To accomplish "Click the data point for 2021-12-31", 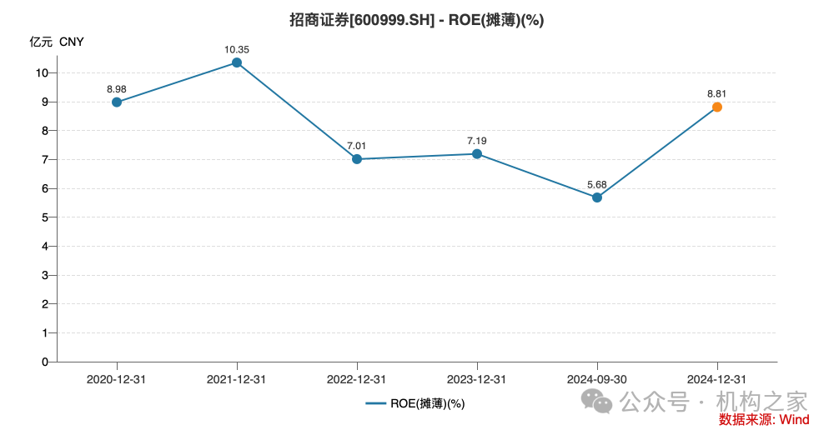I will coord(237,62).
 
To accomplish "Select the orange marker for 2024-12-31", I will coord(716,107).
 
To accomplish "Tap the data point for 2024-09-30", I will coord(596,197).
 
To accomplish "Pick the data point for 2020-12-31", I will coord(117,102).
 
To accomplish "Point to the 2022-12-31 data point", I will coord(357,159).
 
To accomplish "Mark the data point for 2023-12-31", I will coord(477,153).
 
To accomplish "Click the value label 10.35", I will coord(237,50).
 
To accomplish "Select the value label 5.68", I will coord(596,184).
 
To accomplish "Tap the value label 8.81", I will coord(716,93).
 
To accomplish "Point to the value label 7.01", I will coord(357,146).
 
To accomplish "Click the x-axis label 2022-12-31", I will coord(357,379).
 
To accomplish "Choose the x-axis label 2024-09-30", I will coord(596,379).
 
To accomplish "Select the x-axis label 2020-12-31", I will coord(117,379).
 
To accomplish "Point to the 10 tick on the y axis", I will coord(42,72).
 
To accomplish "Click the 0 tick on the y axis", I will coord(44,362).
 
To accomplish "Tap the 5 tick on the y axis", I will coord(44,217).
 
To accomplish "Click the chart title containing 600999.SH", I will coord(416,20).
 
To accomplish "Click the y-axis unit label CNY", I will coord(72,42).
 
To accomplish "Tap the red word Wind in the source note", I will coord(794,419).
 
